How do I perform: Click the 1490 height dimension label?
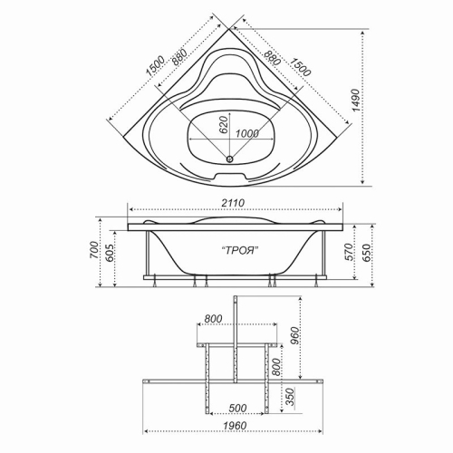(356, 101)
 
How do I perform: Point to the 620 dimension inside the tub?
(223, 124)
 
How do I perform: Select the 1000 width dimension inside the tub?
(247, 133)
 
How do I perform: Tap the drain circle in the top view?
(230, 158)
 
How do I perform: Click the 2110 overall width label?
(233, 203)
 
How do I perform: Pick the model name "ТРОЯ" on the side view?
(240, 250)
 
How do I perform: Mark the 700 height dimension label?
(94, 250)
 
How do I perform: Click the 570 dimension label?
(348, 252)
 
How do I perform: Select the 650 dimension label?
(366, 253)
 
